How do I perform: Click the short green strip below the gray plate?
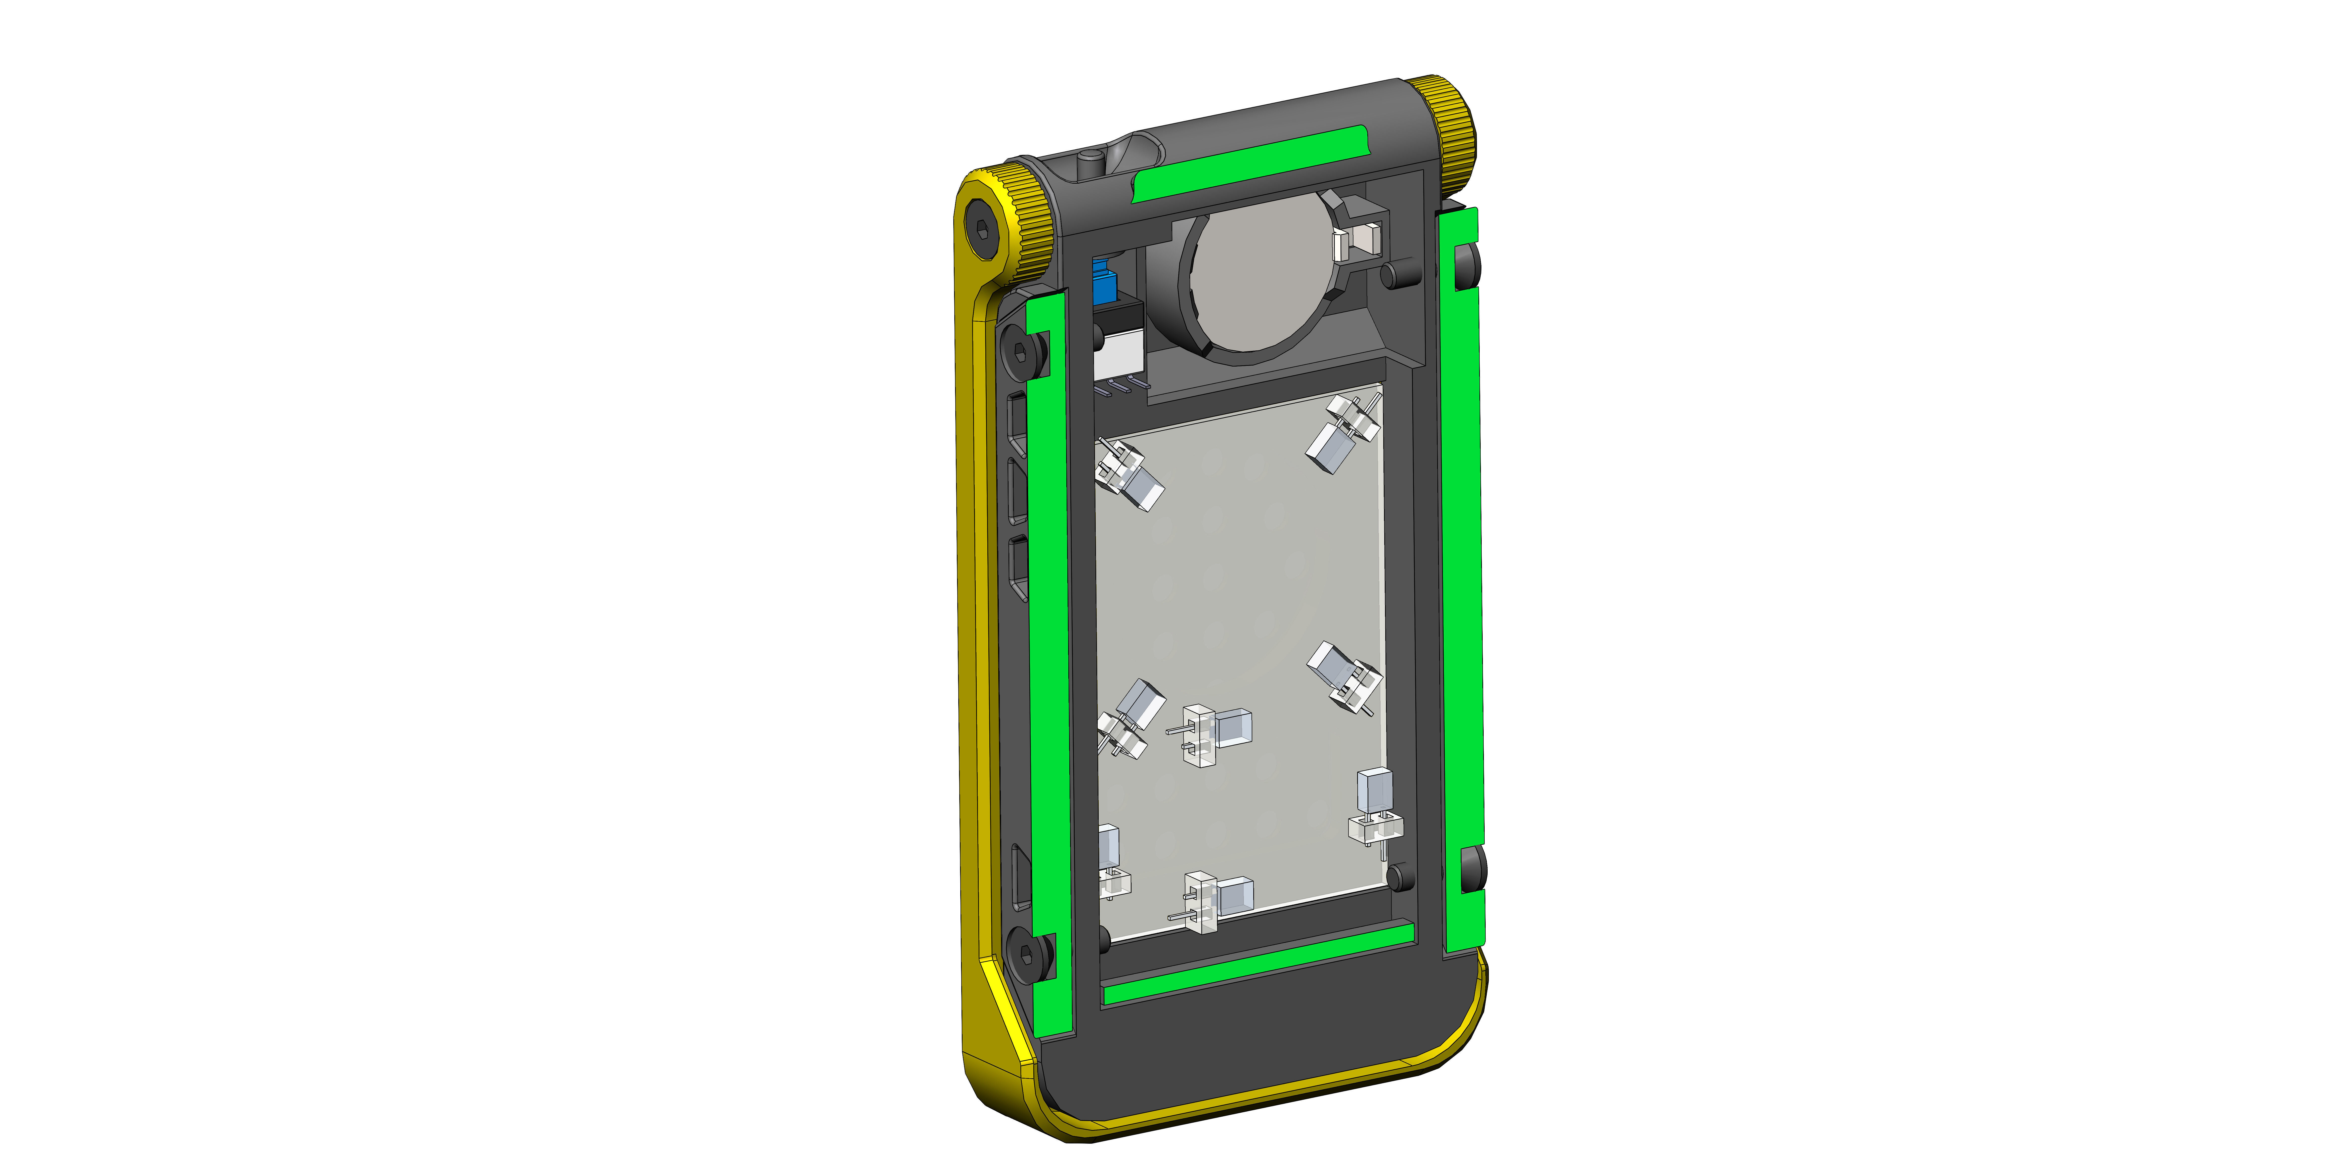[x=1258, y=964]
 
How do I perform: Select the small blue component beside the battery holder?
[x=1103, y=283]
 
